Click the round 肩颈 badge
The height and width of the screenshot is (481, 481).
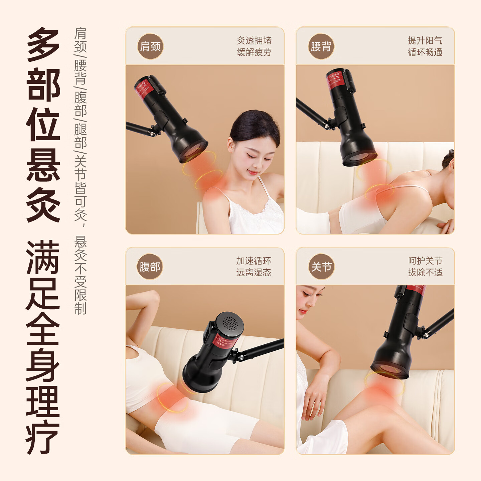point(150,46)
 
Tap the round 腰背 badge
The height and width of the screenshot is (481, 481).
point(321,46)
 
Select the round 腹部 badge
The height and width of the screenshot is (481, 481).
point(150,267)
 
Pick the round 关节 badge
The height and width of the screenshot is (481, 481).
point(321,267)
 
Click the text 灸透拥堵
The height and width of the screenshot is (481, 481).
point(254,40)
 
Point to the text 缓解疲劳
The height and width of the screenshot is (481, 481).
point(254,52)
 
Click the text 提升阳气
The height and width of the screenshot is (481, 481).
point(425,40)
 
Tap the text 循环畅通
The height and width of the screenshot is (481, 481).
point(425,52)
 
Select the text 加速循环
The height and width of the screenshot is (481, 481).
point(254,261)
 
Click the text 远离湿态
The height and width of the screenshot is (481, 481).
point(254,272)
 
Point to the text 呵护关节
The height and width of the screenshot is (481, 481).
point(425,261)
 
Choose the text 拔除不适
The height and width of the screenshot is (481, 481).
point(425,272)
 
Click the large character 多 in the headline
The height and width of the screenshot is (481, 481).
point(43,45)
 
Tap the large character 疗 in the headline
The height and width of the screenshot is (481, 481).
point(43,438)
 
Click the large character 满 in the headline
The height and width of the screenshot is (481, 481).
point(43,257)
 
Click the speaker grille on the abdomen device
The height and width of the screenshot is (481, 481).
point(230,323)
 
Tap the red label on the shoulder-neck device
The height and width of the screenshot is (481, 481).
point(144,89)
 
